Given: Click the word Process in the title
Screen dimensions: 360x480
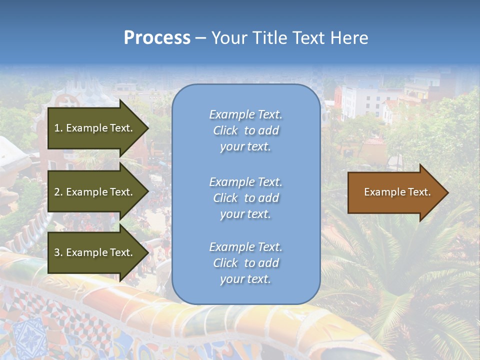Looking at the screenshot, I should [x=157, y=38].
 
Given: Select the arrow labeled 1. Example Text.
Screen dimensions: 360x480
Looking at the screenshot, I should [x=95, y=128].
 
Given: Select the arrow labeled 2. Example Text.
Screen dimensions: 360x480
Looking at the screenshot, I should [x=95, y=192].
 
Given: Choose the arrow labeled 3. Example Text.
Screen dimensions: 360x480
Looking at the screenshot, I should [x=95, y=252].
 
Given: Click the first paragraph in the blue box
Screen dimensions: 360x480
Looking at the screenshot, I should [x=245, y=130].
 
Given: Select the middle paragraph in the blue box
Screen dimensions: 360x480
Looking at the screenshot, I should [x=245, y=198].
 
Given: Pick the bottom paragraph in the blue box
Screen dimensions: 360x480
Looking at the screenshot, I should [x=245, y=263].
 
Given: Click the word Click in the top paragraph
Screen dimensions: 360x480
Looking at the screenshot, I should [x=225, y=130].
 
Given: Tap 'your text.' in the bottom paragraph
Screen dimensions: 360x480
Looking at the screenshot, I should [x=245, y=279].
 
